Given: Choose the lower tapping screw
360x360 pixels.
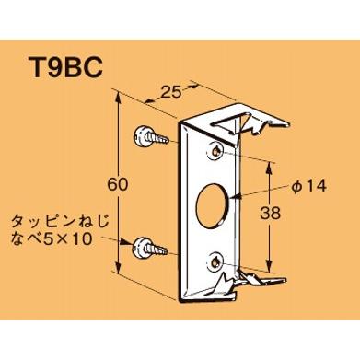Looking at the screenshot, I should tap(149, 246).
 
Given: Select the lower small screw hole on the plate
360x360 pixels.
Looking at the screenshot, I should tap(215, 261).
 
